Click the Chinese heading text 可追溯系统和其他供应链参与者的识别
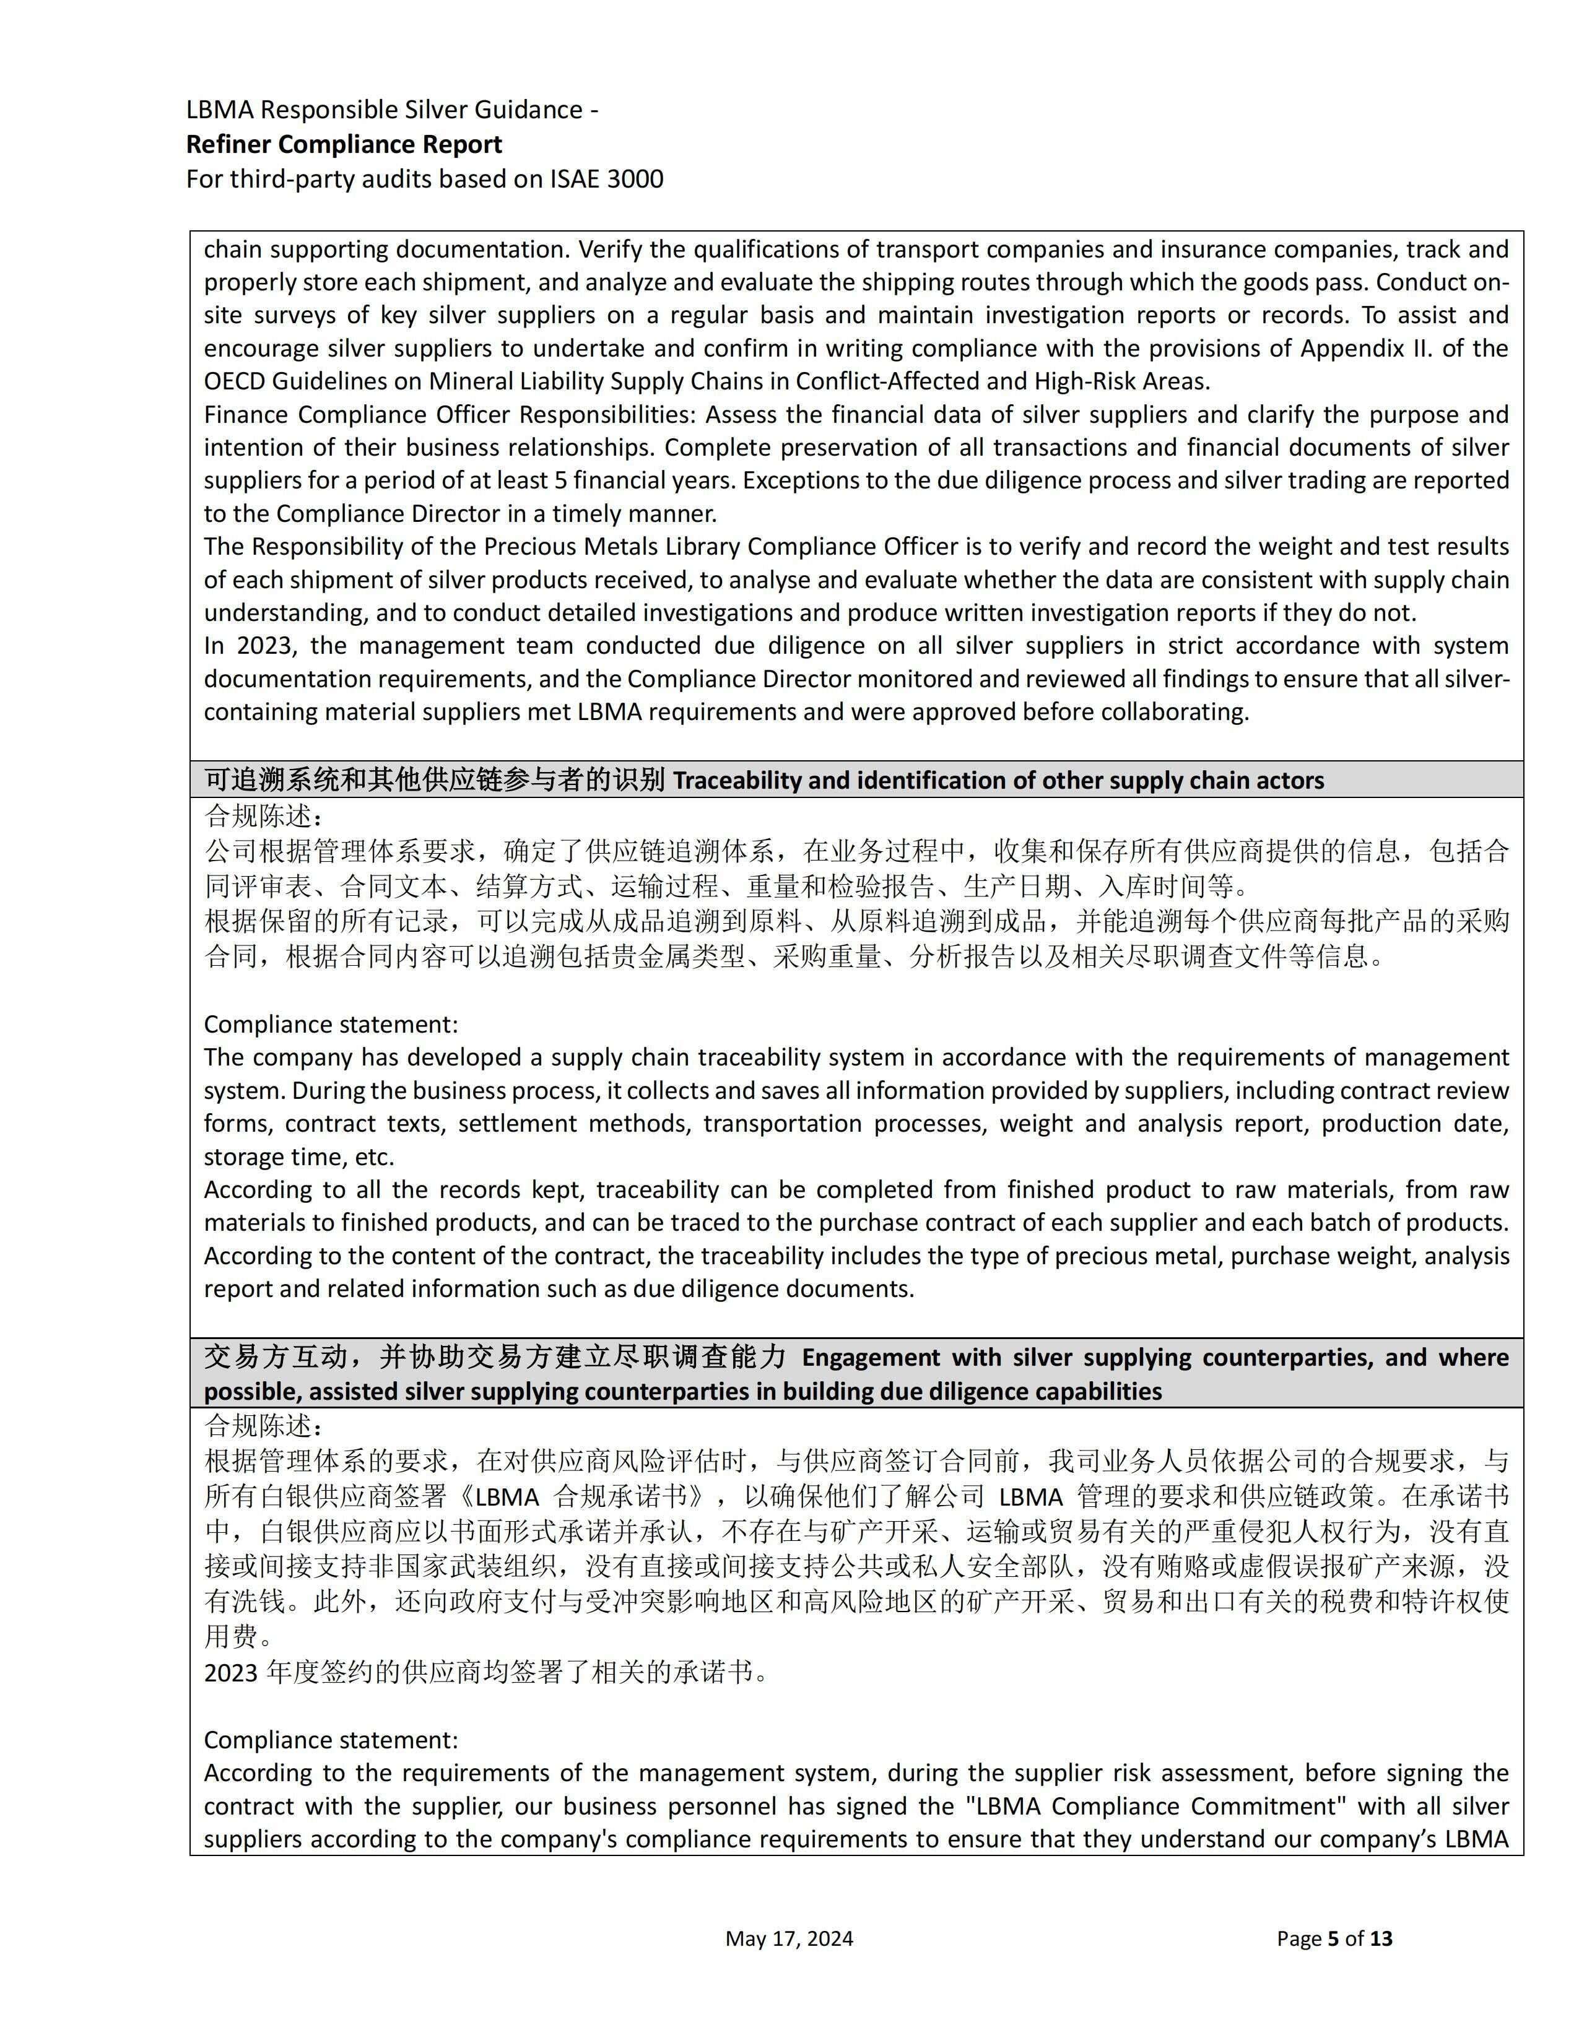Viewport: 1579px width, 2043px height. point(434,779)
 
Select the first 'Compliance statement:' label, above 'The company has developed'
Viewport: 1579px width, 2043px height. point(331,1025)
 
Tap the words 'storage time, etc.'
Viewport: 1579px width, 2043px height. point(299,1157)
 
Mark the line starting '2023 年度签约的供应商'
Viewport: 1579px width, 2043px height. point(487,1672)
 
